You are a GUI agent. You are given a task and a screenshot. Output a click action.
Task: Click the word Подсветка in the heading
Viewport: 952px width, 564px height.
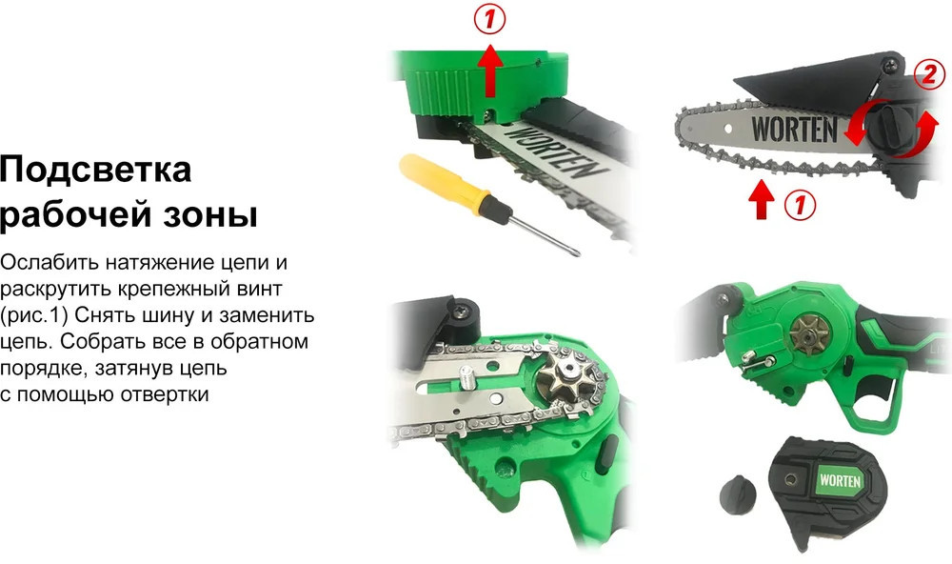(96, 171)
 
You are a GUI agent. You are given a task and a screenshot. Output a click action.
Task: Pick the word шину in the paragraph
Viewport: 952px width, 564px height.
(178, 316)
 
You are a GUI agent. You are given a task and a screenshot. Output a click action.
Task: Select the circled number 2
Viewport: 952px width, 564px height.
(929, 74)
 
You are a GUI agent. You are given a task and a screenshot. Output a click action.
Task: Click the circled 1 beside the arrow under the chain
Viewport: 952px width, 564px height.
(800, 204)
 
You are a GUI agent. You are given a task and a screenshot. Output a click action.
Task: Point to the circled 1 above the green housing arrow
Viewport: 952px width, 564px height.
(489, 20)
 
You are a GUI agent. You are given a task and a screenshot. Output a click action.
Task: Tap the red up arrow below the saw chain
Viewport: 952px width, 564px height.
(762, 199)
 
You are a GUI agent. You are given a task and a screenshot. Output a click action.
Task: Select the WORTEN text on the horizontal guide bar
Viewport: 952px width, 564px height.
(794, 129)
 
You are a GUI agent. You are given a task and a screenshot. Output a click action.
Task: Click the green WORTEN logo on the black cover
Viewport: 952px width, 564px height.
(840, 481)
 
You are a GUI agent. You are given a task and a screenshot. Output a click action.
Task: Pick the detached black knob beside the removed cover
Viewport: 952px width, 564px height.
(738, 494)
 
